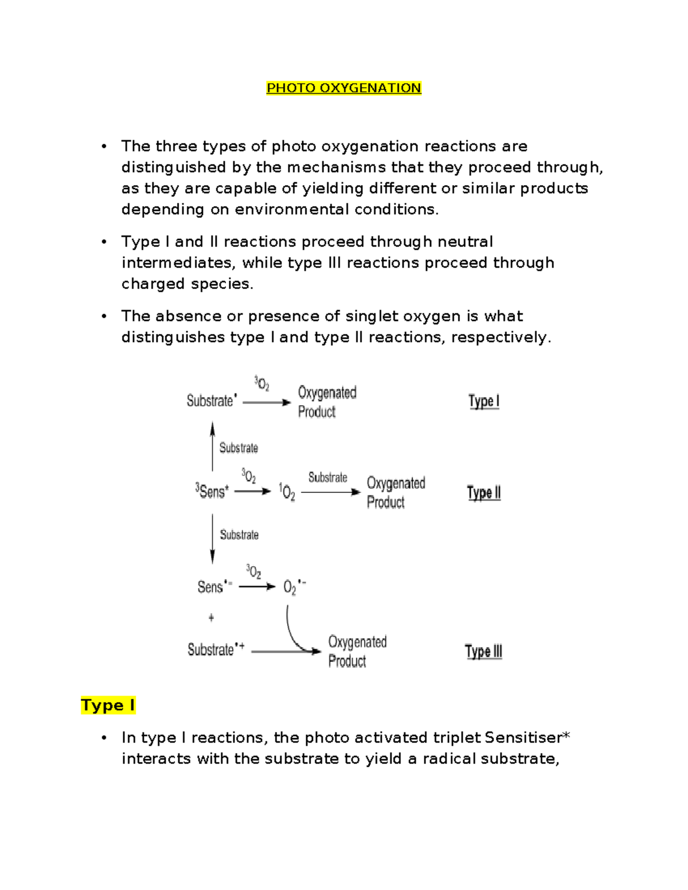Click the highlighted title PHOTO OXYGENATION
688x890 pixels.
[343, 88]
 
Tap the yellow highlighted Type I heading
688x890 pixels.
[108, 705]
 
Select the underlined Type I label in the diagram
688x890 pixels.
[483, 401]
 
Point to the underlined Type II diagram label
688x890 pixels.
[483, 493]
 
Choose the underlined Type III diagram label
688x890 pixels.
[483, 652]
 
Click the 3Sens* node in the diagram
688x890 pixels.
[212, 491]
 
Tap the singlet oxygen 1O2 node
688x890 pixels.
[287, 492]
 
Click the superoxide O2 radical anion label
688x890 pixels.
[294, 587]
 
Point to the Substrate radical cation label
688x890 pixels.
[216, 649]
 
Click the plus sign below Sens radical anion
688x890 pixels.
[212, 618]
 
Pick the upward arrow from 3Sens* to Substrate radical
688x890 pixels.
[213, 446]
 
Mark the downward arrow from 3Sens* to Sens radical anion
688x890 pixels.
[213, 539]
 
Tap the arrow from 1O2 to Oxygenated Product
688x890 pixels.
[330, 492]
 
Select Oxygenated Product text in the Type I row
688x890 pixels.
[326, 402]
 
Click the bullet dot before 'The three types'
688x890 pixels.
[104, 146]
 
